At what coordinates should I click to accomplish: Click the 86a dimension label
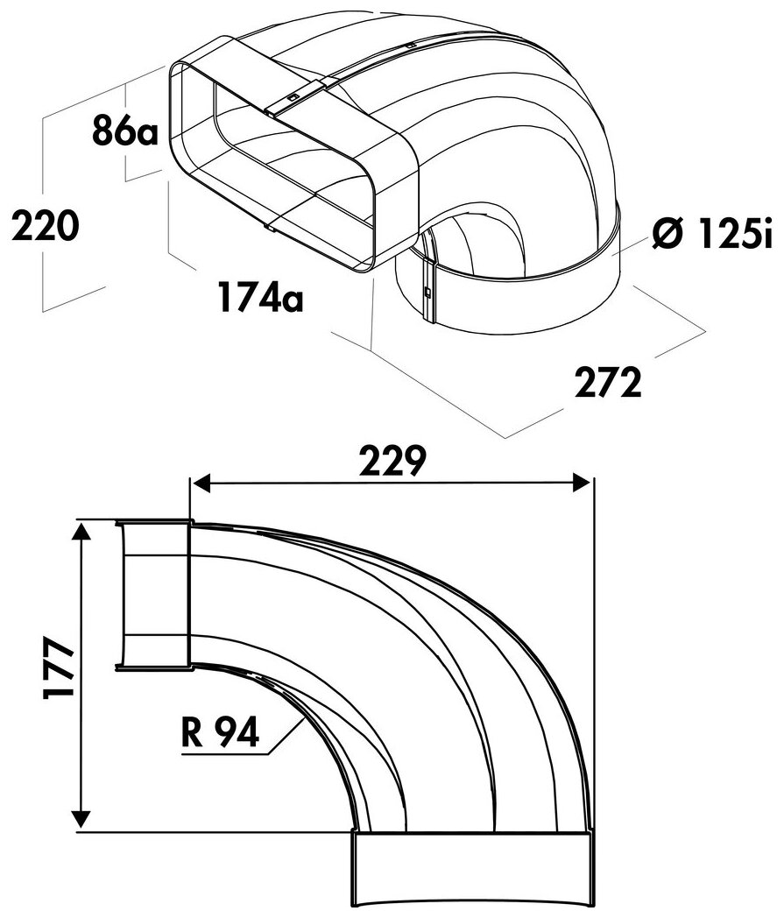124,131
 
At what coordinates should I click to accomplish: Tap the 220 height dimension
45,226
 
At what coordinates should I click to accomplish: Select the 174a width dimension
260,296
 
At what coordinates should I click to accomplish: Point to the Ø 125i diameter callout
712,233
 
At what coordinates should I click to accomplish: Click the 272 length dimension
608,382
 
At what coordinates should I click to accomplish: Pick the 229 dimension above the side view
392,461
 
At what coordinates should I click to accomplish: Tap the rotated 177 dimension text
58,667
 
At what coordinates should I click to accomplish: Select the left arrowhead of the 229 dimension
201,484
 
